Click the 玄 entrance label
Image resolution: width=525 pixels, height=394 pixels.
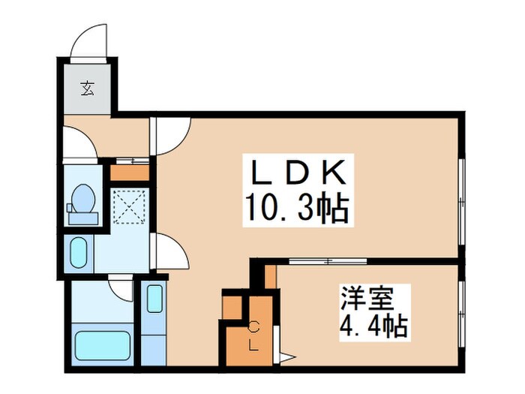tap(88, 89)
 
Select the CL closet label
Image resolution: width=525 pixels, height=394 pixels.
tap(253, 336)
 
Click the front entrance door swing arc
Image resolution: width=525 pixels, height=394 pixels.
tap(88, 41)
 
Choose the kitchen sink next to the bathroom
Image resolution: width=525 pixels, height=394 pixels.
tap(154, 299)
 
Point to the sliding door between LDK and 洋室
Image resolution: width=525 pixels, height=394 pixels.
tap(327, 260)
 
